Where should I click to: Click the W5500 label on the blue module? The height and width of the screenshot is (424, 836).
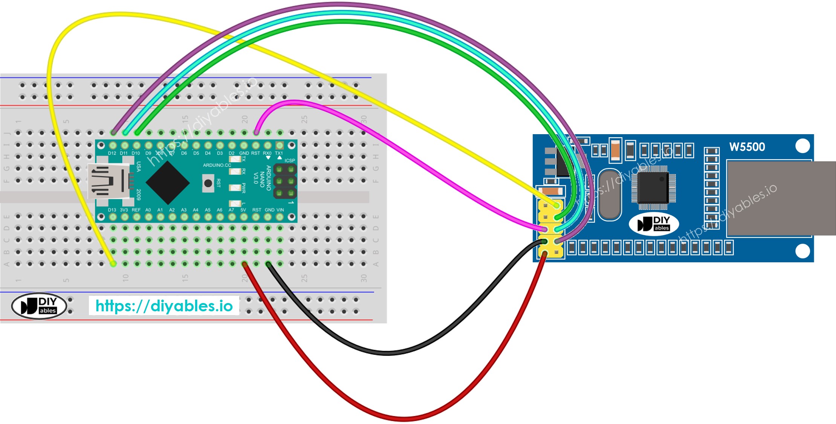pos(747,147)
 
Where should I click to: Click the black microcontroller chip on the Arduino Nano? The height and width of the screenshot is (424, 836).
pos(168,183)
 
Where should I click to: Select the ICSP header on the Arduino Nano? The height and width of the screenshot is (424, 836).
pos(285,181)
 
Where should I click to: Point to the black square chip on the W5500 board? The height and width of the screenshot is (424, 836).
pos(653,187)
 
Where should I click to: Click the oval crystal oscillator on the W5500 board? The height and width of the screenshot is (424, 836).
pos(609,194)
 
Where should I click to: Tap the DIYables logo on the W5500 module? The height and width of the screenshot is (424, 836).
pos(654,224)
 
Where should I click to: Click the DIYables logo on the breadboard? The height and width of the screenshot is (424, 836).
pos(39,306)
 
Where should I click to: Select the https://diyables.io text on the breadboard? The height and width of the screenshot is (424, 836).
pos(164,306)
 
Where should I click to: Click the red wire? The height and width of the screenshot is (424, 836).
pos(403,419)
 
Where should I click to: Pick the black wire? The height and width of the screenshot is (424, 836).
pos(388,353)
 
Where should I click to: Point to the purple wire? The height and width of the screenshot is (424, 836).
pos(339,5)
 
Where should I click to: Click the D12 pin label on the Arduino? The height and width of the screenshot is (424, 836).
pos(112,153)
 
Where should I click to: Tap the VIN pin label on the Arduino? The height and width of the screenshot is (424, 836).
pos(280,210)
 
